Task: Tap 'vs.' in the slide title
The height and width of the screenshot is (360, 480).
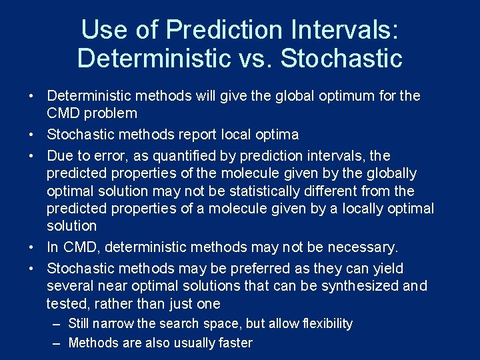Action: (256, 58)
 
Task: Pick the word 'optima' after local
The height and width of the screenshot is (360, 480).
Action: (277, 135)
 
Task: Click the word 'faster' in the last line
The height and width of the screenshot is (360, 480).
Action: (235, 343)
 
